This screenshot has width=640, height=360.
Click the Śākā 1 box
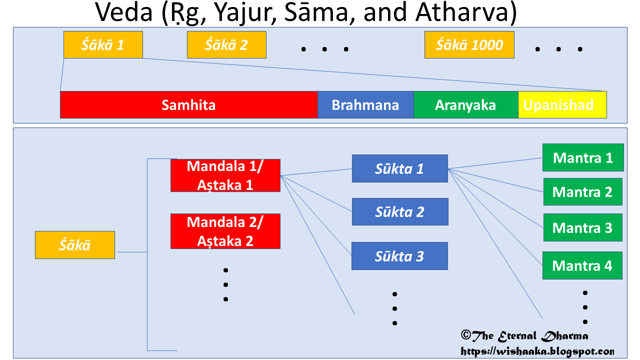click(103, 45)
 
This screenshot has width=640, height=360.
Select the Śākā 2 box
click(226, 45)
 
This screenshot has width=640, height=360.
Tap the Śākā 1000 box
click(469, 45)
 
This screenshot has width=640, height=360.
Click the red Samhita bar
click(188, 105)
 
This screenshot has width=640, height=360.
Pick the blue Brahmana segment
click(365, 105)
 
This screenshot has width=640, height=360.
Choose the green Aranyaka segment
click(465, 105)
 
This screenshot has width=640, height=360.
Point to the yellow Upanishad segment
click(562, 105)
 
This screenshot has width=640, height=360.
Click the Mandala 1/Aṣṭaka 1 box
click(225, 175)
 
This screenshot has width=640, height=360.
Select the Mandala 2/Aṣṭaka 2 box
click(225, 231)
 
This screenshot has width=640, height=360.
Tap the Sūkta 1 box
click(399, 168)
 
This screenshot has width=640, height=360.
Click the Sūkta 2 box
click(399, 212)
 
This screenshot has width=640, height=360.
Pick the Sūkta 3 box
click(399, 256)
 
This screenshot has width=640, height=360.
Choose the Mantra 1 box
click(583, 157)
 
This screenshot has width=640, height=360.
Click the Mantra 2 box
click(583, 191)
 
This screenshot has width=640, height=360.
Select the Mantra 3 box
click(583, 227)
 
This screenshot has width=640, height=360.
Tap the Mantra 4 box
click(582, 265)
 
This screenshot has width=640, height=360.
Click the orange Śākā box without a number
click(75, 245)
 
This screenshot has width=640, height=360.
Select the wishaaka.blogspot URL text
click(537, 351)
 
